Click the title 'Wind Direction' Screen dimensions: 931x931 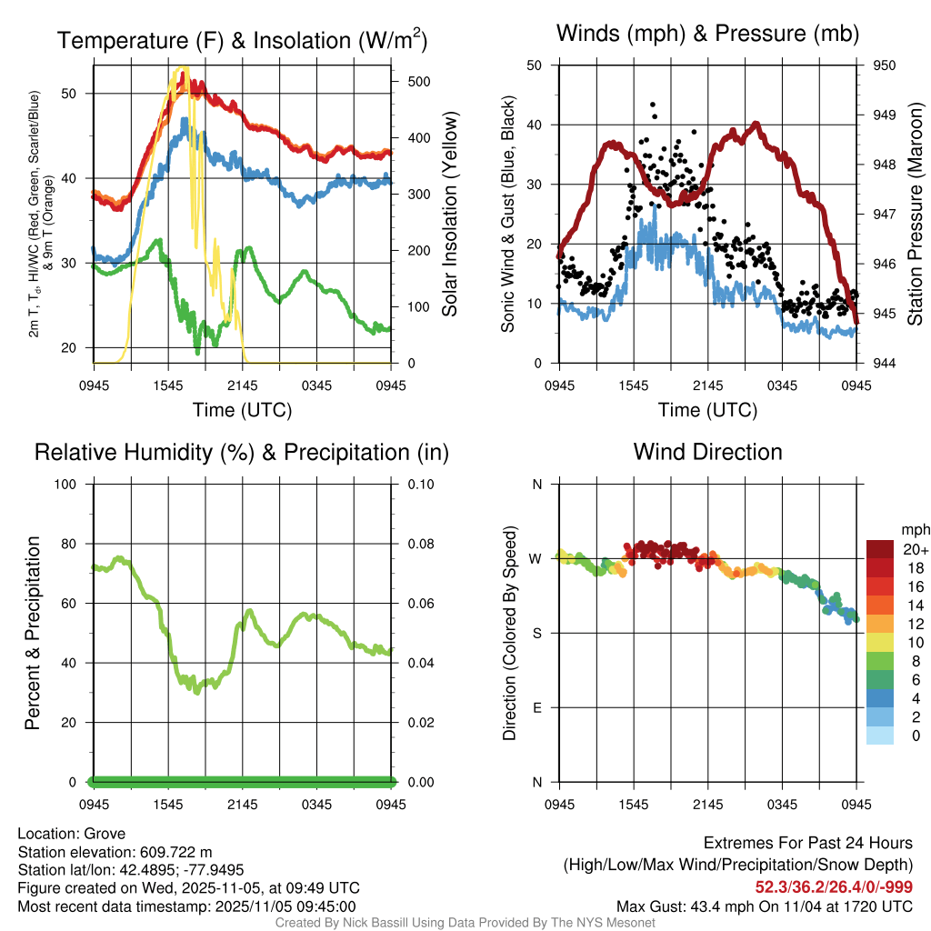tap(707, 452)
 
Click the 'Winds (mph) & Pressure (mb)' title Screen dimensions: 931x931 tap(707, 35)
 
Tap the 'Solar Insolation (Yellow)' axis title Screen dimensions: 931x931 tap(449, 214)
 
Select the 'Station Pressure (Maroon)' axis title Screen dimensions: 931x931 tap(915, 214)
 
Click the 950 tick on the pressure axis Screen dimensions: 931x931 tap(885, 65)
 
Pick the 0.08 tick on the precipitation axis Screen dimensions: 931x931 tap(420, 544)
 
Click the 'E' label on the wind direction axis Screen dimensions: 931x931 tap(536, 707)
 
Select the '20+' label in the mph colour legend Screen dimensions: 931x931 tap(916, 550)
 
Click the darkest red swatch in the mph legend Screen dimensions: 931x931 tap(879, 548)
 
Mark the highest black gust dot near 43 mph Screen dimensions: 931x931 tap(653, 105)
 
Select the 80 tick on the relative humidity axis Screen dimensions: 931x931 tap(75, 544)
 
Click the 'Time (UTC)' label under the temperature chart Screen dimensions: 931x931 tap(242, 410)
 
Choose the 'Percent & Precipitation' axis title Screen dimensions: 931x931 tap(33, 633)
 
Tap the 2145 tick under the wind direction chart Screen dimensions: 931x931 tap(707, 804)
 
